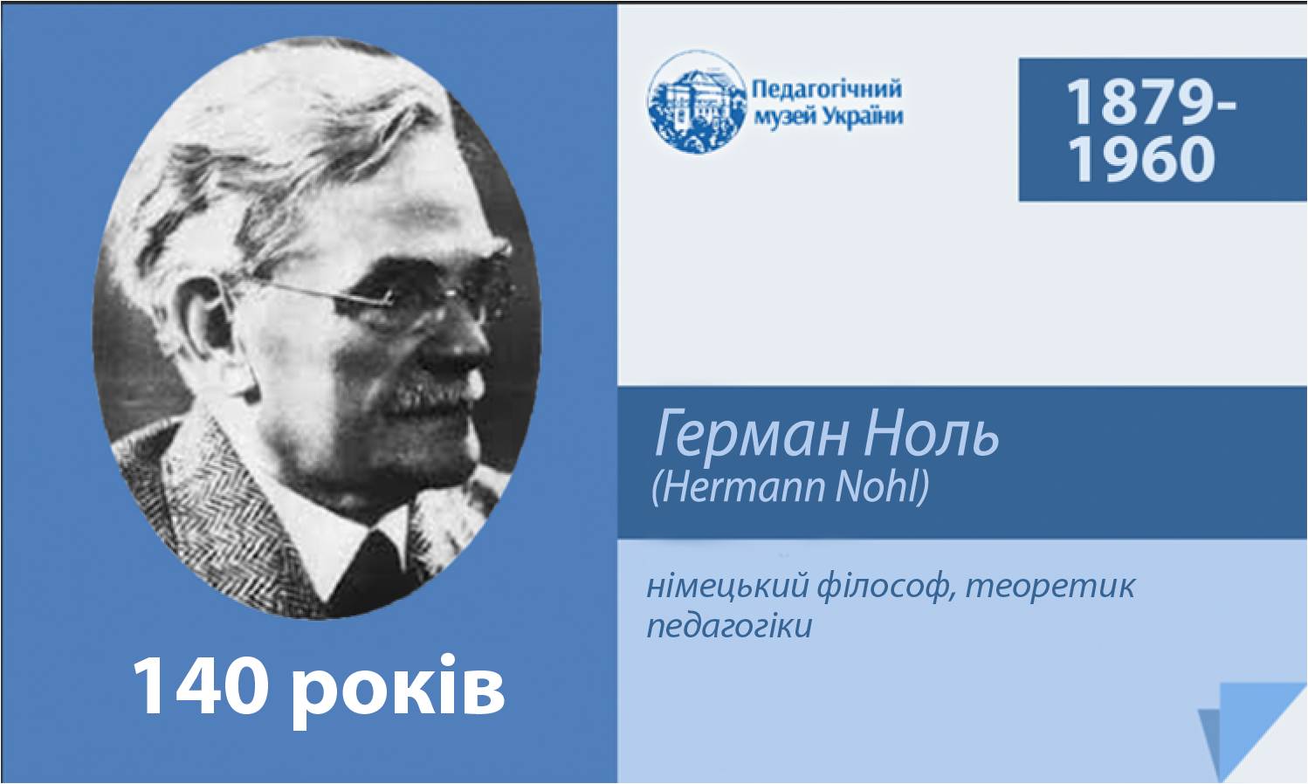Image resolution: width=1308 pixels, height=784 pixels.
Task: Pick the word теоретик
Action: tap(1050, 586)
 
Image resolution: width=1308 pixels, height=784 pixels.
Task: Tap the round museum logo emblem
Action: tap(697, 101)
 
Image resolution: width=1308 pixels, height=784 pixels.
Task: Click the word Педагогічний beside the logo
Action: tap(827, 90)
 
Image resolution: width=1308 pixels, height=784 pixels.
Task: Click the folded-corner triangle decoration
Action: tap(1249, 730)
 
